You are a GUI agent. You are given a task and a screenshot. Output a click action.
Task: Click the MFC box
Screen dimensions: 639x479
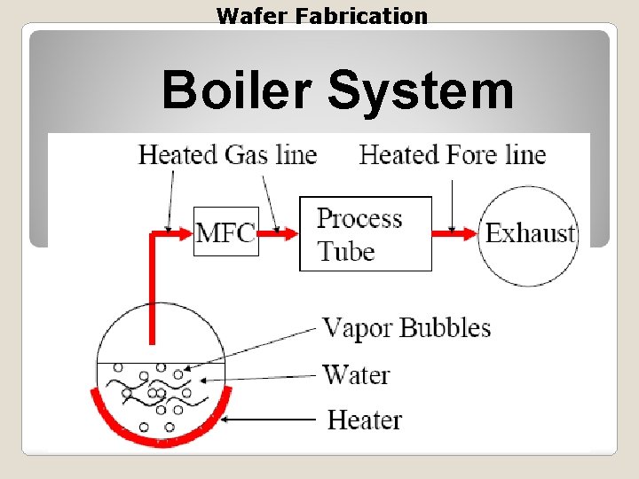point(225,232)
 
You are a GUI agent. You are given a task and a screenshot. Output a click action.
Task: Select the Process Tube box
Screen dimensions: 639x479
point(365,233)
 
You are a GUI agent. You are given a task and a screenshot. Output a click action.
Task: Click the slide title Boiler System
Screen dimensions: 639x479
point(337,90)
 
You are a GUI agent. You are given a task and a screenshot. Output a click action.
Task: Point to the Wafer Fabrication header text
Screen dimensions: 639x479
point(322,16)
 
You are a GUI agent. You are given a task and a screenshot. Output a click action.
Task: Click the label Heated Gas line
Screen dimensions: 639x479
point(227,155)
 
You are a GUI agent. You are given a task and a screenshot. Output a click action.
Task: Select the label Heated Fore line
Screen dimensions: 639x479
point(452,155)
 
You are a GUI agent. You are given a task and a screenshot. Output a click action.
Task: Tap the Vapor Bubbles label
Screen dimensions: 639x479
point(406,328)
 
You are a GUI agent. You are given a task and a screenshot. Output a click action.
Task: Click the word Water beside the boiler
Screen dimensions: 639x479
point(356,374)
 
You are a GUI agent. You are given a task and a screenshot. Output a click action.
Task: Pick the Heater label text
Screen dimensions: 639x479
point(365,419)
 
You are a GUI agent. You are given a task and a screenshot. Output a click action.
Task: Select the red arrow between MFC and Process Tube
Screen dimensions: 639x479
point(278,234)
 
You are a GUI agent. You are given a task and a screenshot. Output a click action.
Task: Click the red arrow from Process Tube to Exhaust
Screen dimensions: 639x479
point(455,234)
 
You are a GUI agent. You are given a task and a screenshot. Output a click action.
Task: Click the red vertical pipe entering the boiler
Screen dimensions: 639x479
point(153,293)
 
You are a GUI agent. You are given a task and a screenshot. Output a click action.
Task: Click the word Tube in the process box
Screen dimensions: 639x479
point(346,251)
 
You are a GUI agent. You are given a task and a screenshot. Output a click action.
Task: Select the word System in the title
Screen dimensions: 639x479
point(421,90)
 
